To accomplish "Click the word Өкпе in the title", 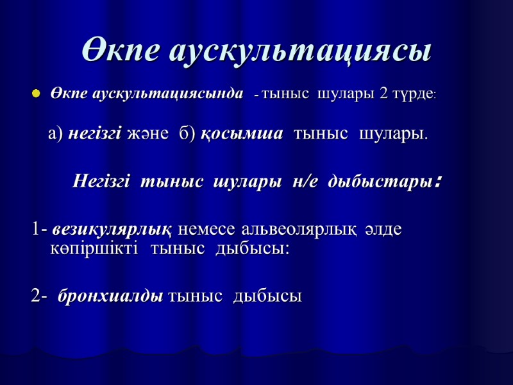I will coord(121,50).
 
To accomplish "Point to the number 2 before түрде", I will coord(383,94).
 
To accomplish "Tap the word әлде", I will coord(384,229).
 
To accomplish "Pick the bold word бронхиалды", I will coord(110,296).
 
